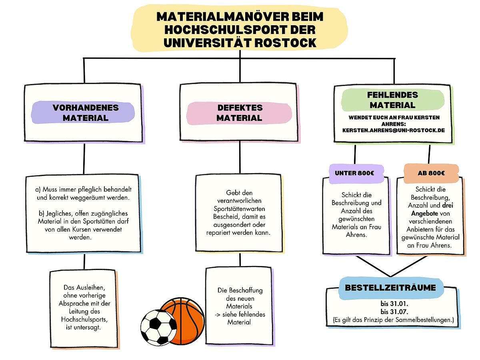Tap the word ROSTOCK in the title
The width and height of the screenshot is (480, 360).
tap(285, 43)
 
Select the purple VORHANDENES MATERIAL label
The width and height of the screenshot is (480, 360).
tap(83, 112)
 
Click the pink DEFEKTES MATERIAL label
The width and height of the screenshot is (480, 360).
tap(239, 113)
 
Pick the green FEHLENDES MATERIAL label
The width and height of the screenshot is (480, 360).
tap(393, 100)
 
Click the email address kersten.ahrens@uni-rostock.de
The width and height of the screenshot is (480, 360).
tap(394, 130)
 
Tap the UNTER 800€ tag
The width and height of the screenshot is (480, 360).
tap(356, 174)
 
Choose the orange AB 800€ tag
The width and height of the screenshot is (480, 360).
tap(431, 173)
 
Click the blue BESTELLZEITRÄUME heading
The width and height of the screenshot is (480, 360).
tap(390, 288)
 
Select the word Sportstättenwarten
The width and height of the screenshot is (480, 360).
tap(239, 209)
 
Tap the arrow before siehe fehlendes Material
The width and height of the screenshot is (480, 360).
tap(217, 315)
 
